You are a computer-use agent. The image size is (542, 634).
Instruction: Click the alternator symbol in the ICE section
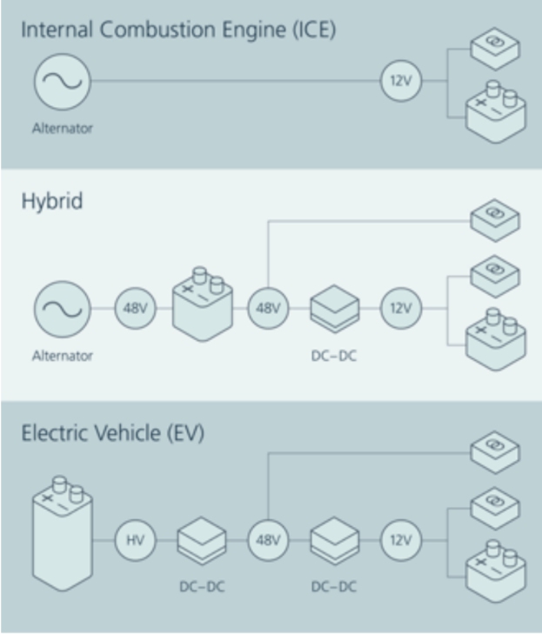click(63, 82)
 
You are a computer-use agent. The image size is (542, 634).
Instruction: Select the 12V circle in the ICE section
click(401, 82)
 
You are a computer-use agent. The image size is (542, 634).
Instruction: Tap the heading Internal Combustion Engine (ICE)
click(178, 29)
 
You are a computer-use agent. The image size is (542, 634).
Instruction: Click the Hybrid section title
click(52, 202)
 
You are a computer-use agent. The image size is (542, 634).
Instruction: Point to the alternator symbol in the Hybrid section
click(63, 309)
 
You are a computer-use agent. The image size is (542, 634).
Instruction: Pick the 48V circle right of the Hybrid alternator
click(136, 309)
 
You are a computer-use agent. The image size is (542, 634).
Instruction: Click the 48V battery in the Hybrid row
click(204, 304)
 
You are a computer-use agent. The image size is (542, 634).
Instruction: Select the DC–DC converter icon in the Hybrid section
click(334, 310)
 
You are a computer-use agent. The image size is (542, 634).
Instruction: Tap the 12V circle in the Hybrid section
click(401, 309)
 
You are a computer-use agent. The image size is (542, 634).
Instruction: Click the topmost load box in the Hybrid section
click(494, 220)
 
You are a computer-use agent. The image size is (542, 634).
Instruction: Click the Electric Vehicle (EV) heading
click(113, 433)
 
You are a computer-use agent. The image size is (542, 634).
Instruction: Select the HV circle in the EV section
click(136, 540)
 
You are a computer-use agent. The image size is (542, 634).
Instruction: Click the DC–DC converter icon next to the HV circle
click(202, 541)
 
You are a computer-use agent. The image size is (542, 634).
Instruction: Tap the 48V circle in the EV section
click(268, 540)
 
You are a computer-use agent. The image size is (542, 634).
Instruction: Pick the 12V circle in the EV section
click(401, 540)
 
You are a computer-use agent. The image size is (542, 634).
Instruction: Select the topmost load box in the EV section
click(494, 451)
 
